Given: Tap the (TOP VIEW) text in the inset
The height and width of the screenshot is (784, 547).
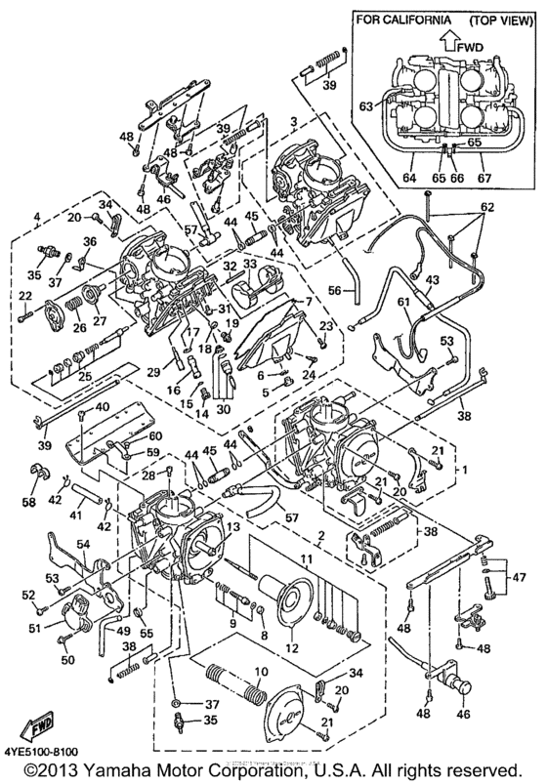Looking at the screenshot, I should click(x=492, y=21).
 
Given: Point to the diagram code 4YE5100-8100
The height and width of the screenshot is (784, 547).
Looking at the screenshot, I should click(x=46, y=751).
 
